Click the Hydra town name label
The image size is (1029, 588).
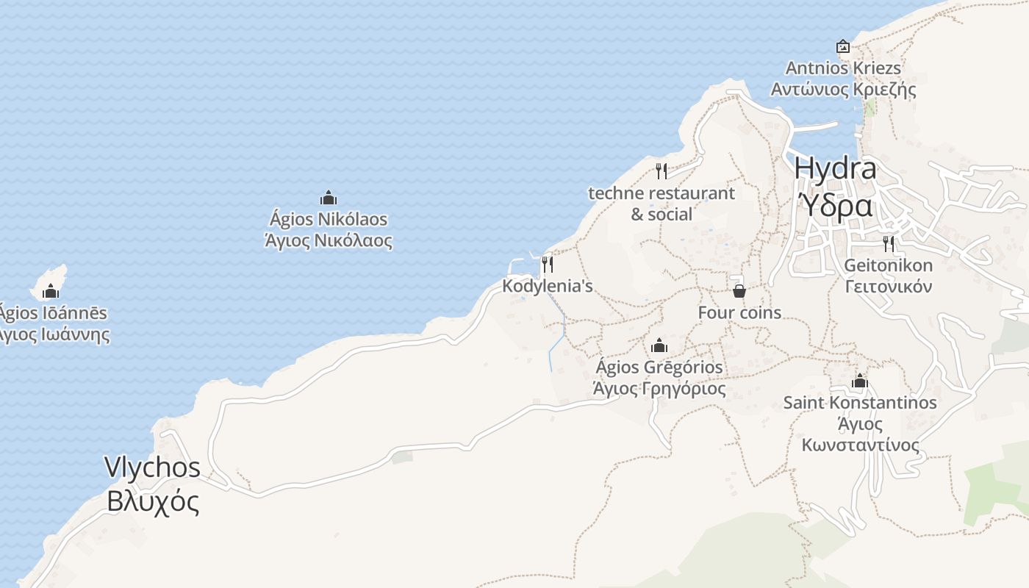click(835, 169)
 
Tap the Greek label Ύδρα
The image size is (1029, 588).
click(835, 206)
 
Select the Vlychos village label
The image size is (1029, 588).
click(152, 467)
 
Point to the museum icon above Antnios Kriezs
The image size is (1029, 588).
click(843, 46)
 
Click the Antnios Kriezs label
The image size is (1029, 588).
click(843, 68)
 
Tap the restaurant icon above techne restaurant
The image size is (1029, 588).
click(661, 171)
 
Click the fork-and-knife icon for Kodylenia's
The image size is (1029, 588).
click(547, 264)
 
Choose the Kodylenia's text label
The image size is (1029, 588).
click(547, 286)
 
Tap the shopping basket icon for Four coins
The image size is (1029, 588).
click(739, 291)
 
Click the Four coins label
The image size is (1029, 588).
click(739, 312)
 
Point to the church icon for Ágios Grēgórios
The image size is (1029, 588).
click(659, 345)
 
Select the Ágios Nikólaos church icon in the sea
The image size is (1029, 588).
click(328, 198)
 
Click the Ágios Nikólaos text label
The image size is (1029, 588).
click(328, 220)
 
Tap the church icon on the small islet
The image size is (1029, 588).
click(51, 291)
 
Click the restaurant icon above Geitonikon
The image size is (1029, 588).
click(889, 243)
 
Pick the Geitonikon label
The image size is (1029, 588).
click(889, 265)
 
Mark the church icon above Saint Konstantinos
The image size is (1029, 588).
click(860, 381)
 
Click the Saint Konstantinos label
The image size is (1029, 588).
click(860, 403)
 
